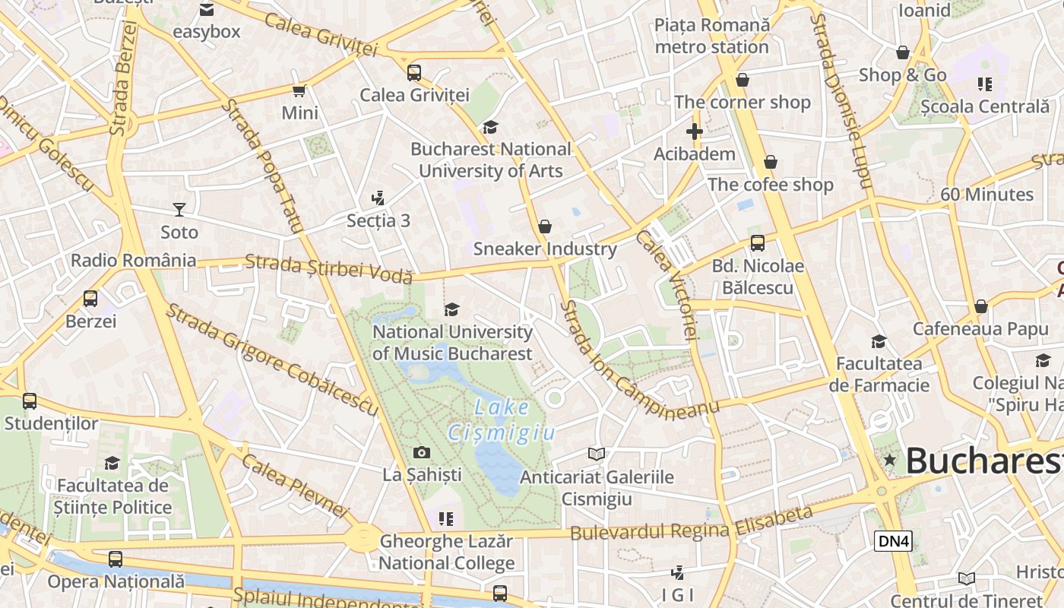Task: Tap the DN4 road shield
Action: coord(893,541)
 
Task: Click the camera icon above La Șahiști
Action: coord(422,453)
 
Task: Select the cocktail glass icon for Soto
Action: coord(179,209)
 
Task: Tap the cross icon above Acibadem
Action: coord(694,131)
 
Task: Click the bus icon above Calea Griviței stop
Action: coord(413,73)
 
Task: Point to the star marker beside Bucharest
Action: coord(889,460)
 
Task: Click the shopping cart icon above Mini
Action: coord(299,91)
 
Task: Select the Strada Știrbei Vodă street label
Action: coord(328,268)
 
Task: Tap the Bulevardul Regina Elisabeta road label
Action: coord(692,524)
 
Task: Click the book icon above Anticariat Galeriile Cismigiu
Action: coord(597,454)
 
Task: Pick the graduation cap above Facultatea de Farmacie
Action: coord(879,342)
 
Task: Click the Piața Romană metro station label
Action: coord(712,36)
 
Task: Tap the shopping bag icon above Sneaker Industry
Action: coord(544,226)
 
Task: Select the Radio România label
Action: coord(133,261)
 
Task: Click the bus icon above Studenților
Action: coord(30,401)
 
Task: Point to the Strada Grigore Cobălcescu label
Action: coord(271,359)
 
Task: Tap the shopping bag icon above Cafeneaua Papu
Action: coord(980,306)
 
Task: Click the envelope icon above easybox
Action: coord(206,10)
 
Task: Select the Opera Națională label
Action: coord(116,581)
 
